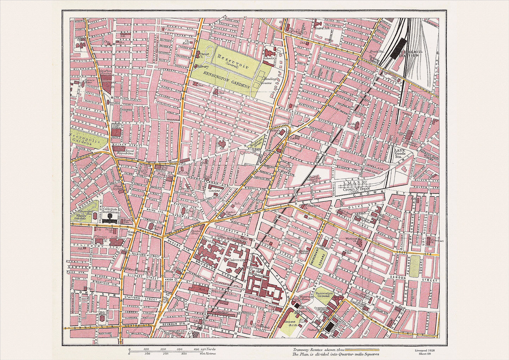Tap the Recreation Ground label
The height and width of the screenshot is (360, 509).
(324, 294)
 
